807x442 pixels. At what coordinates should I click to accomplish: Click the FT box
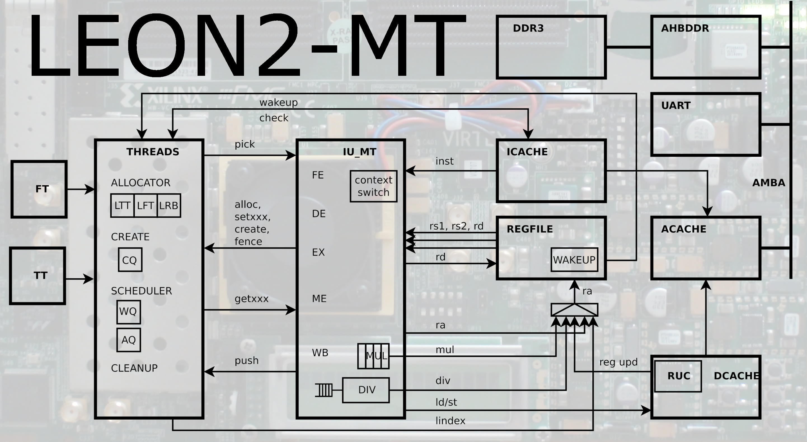(x=39, y=189)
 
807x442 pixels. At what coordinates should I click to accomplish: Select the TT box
(x=37, y=276)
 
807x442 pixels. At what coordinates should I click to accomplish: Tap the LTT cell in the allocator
(x=122, y=206)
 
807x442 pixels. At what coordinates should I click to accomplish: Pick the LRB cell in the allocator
(x=169, y=206)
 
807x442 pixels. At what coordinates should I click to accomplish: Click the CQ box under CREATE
(x=130, y=260)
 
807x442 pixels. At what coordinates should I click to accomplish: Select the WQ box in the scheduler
(x=128, y=312)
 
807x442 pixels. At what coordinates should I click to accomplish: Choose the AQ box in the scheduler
(x=128, y=340)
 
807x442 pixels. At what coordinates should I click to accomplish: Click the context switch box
(x=374, y=186)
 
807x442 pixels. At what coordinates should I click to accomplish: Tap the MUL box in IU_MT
(x=374, y=356)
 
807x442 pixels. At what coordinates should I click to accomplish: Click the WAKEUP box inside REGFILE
(x=574, y=260)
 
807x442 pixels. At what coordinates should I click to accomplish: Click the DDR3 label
(x=528, y=29)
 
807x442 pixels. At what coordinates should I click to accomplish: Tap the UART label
(x=676, y=105)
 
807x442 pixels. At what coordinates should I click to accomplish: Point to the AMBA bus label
(x=768, y=183)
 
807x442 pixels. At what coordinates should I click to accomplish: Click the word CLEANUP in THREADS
(x=134, y=368)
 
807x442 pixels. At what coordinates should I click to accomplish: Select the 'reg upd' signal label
(x=618, y=362)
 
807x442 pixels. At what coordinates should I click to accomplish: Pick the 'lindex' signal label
(x=450, y=421)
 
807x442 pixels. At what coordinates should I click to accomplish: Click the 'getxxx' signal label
(x=251, y=299)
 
